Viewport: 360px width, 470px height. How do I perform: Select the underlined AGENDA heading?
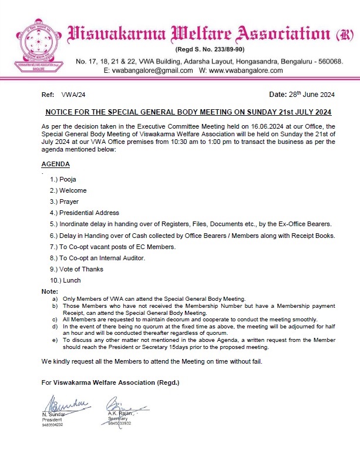point(56,164)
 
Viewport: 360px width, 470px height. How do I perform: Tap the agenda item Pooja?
point(69,179)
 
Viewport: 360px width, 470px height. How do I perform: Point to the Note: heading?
point(50,292)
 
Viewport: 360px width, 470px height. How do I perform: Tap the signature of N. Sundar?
point(62,405)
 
